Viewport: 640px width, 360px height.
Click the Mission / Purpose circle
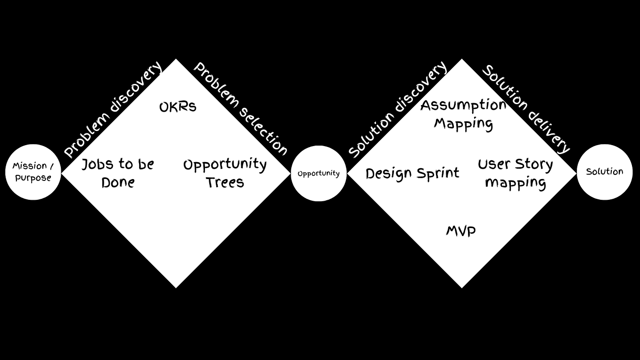(x=33, y=172)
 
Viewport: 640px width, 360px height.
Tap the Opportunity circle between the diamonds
(x=319, y=173)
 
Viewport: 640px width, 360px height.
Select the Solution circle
(x=604, y=172)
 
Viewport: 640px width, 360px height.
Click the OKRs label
(x=178, y=107)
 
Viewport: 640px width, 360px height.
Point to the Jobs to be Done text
(x=118, y=173)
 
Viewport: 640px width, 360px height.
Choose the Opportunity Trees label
(x=225, y=173)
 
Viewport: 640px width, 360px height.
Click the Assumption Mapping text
(x=463, y=114)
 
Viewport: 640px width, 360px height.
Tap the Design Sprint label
(x=412, y=173)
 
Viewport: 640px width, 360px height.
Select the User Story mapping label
(x=515, y=173)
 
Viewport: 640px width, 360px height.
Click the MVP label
(x=461, y=231)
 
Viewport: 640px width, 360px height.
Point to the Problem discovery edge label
(x=113, y=109)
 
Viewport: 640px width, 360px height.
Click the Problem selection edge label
(x=240, y=109)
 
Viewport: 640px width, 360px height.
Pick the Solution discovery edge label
(x=397, y=109)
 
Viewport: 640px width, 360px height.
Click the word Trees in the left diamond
(x=225, y=182)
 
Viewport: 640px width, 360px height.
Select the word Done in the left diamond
(x=118, y=182)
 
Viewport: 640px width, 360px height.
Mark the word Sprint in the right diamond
(x=437, y=173)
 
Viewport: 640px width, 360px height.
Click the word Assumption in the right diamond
(x=463, y=105)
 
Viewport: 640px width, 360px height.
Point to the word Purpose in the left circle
(x=33, y=178)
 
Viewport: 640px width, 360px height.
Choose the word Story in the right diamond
(x=534, y=164)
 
